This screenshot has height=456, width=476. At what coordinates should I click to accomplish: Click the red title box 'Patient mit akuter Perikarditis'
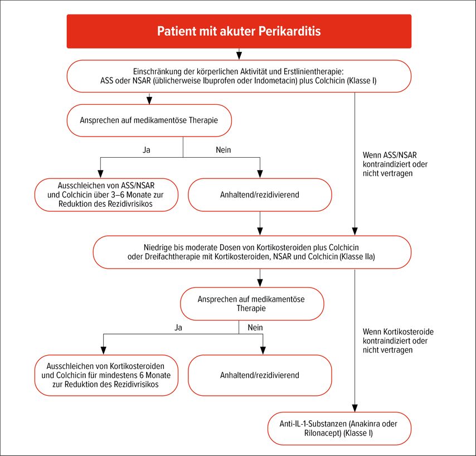click(239, 31)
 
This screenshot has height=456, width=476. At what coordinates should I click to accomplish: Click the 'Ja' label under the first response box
click(147, 150)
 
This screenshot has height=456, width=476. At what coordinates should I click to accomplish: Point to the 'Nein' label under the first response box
click(224, 150)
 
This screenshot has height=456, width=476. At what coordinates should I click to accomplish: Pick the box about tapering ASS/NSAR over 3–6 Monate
click(106, 195)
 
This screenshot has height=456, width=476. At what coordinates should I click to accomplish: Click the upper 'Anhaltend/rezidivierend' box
click(260, 195)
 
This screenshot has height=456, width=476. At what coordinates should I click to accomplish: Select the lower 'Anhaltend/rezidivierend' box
click(260, 375)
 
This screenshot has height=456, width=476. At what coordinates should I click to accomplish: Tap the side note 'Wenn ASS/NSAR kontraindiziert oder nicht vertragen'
click(395, 164)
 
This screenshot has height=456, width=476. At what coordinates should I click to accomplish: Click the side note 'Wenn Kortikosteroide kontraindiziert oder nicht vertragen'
click(398, 341)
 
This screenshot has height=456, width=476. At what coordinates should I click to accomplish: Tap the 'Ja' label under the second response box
click(178, 328)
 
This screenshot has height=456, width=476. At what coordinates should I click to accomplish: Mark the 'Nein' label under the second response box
click(255, 328)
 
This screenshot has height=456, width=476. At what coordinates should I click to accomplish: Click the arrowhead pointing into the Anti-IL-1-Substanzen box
click(354, 408)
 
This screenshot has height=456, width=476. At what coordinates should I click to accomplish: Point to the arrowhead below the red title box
click(239, 56)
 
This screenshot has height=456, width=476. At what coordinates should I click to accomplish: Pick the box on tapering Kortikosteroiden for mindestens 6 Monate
click(106, 375)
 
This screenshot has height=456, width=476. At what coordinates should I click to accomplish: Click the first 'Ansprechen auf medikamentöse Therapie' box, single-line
click(149, 120)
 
